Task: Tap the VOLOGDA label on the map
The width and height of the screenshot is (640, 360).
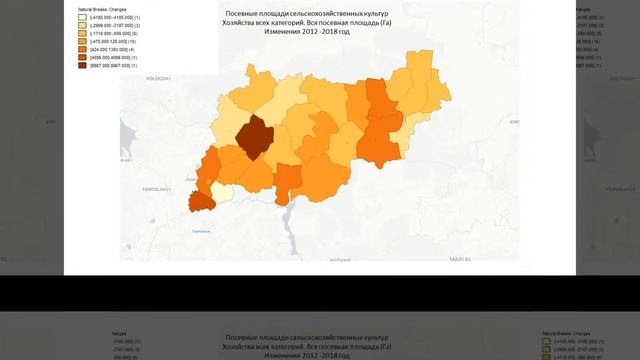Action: tap(159, 77)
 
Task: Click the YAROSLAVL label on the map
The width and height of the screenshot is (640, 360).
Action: tap(154, 187)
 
